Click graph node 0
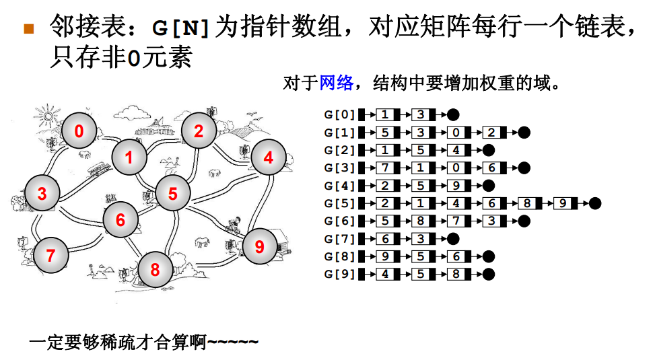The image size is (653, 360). (x=79, y=131)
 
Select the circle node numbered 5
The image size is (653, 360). (x=173, y=194)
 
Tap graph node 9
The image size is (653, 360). (x=260, y=247)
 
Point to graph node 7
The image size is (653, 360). (x=50, y=256)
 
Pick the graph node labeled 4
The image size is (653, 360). (x=269, y=158)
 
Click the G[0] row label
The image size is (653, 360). (x=339, y=114)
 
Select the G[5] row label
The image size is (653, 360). (x=339, y=203)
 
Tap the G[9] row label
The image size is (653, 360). (x=339, y=274)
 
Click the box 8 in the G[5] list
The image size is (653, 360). (x=527, y=203)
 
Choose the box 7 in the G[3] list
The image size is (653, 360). (x=385, y=168)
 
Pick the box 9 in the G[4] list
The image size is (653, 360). (x=456, y=185)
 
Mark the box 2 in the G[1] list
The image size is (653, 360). (x=492, y=132)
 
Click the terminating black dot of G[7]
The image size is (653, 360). (x=454, y=238)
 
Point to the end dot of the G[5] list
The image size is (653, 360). (x=595, y=203)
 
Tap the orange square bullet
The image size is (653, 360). (x=28, y=28)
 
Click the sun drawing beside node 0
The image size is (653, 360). (x=48, y=115)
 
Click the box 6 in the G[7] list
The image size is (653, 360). (x=385, y=238)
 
